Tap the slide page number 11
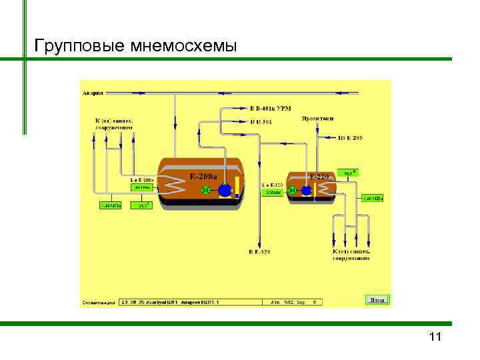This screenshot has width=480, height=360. (x=435, y=337)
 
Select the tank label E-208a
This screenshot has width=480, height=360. (x=202, y=177)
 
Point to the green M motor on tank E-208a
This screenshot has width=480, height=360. (x=205, y=191)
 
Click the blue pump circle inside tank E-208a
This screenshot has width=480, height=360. (x=225, y=191)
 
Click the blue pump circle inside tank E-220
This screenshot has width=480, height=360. (x=306, y=191)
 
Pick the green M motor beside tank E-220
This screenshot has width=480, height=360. (x=293, y=191)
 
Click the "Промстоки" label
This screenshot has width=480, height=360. (x=318, y=119)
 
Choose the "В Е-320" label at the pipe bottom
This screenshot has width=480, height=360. (x=260, y=252)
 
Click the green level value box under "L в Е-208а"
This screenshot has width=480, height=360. (x=143, y=188)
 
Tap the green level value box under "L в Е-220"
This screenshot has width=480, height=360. (x=273, y=192)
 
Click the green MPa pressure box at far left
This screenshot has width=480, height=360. (x=107, y=205)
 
